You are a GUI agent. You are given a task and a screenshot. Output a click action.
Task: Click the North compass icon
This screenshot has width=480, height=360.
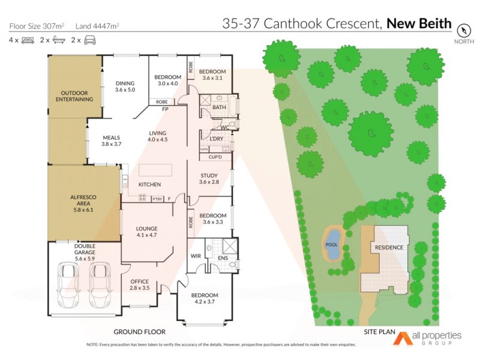click(x=463, y=30)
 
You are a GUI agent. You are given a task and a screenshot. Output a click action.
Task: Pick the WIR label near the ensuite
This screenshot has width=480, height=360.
click(x=194, y=256)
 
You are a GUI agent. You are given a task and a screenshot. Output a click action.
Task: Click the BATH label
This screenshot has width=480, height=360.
click(x=219, y=107)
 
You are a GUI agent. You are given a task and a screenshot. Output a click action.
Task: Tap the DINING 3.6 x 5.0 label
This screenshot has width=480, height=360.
click(x=125, y=86)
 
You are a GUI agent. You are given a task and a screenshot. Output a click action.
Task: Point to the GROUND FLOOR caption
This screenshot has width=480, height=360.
click(x=139, y=332)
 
